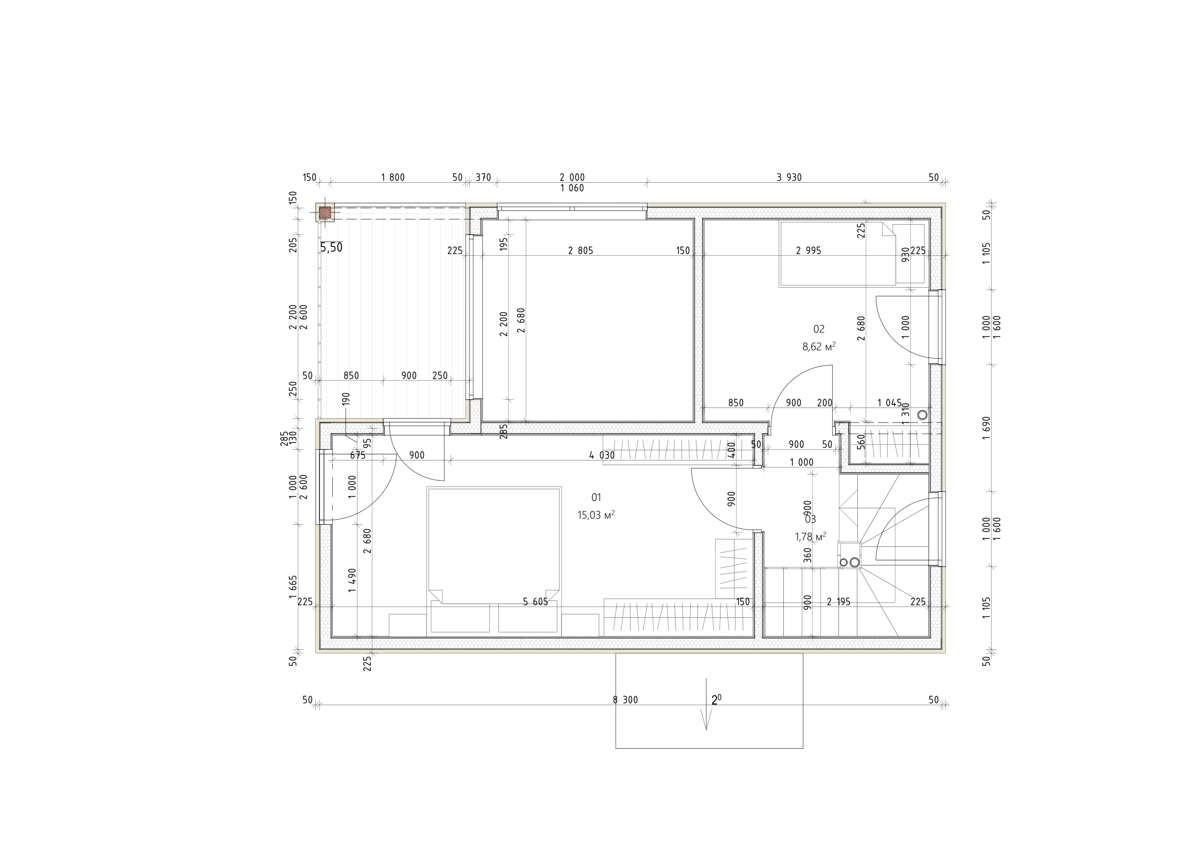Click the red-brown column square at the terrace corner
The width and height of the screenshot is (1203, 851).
pyautogui.click(x=326, y=213)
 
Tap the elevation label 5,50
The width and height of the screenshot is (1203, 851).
pyautogui.click(x=331, y=247)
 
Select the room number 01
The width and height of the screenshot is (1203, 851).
pyautogui.click(x=596, y=497)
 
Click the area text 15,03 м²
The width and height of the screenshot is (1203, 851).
pyautogui.click(x=596, y=515)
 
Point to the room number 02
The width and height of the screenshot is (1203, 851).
pyautogui.click(x=819, y=329)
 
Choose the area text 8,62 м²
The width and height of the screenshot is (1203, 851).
pyautogui.click(x=819, y=346)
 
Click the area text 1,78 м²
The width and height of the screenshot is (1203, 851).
pyautogui.click(x=811, y=536)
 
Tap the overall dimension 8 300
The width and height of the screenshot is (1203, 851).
pyautogui.click(x=625, y=700)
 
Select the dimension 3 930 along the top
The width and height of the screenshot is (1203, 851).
pyautogui.click(x=789, y=177)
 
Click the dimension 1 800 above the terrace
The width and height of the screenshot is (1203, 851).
pyautogui.click(x=393, y=177)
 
